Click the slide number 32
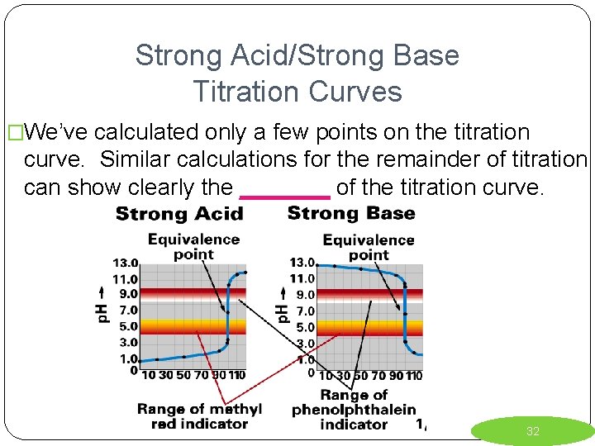(x=533, y=431)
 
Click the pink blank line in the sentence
(x=285, y=197)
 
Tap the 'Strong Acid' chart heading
(x=179, y=214)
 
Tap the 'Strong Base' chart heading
(x=351, y=213)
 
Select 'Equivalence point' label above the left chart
(x=193, y=247)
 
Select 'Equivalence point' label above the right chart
(x=369, y=247)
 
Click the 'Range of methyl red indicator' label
(x=199, y=415)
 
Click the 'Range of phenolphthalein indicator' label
(x=354, y=409)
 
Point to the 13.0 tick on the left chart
(x=126, y=263)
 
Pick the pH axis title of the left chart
(x=103, y=305)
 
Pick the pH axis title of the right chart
(x=282, y=305)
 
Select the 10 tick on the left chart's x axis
(x=149, y=375)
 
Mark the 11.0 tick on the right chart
(x=302, y=278)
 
